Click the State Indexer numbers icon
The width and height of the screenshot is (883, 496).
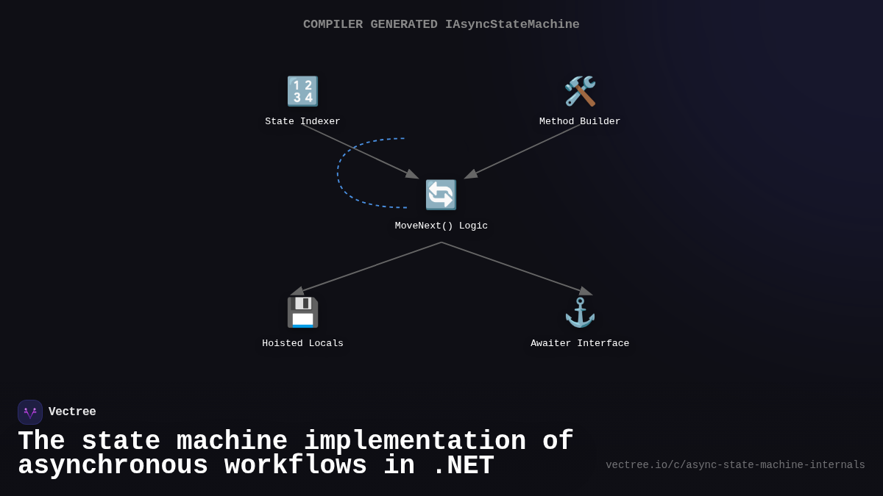coord(302,91)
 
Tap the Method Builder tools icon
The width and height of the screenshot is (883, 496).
coord(580,91)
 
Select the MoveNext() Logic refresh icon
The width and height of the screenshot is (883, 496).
coord(441,195)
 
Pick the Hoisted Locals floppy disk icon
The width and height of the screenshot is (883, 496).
coord(302,312)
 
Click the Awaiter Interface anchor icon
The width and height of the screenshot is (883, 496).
coord(580,312)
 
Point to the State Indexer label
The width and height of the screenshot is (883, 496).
coord(302,121)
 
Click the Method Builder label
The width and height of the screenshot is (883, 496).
coord(580,121)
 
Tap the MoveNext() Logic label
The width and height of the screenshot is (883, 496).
coord(441,226)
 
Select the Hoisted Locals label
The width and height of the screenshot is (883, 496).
coord(302,343)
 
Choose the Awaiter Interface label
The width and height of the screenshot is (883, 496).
coord(580,343)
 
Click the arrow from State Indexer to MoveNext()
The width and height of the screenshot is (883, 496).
coord(360,151)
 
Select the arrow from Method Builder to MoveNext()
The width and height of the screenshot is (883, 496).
coord(522,151)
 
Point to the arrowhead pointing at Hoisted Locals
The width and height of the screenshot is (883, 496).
coord(297,292)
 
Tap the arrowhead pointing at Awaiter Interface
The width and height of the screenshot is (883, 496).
coord(586,292)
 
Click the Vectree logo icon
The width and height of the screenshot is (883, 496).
coord(30,412)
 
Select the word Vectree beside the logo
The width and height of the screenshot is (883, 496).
coord(72,412)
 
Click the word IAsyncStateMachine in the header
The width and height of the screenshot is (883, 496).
coord(512,24)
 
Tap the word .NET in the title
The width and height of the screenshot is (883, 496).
coord(463,466)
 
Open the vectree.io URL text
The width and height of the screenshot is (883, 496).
coord(735,465)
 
